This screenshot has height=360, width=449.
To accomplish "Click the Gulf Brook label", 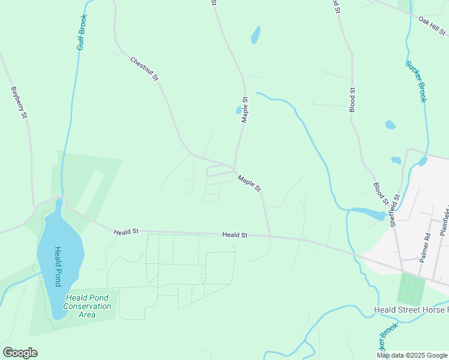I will pos(83,32).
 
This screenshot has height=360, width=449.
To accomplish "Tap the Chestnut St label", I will pos(144,68).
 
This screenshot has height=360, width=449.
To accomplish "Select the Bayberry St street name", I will pos(20,102).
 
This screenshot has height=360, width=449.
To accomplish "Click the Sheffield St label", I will pos(394,210).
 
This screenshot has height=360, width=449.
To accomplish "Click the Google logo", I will pos(20,353).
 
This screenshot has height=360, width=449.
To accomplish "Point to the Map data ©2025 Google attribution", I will pos(412,355).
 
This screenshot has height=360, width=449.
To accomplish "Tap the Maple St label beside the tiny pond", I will pos(245,110).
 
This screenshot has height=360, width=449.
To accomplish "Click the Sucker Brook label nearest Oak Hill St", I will pos(415,81).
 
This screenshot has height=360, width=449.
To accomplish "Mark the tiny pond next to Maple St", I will pos(238,110).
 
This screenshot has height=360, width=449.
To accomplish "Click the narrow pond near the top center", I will pos(256,35).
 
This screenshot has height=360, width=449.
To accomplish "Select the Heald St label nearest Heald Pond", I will pos(127,230).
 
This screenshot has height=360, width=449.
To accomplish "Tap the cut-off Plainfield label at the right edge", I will pos(445,220).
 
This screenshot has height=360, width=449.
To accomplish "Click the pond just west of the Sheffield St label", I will pos(367,212).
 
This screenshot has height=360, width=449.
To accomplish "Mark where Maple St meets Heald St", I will pos(270,236).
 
